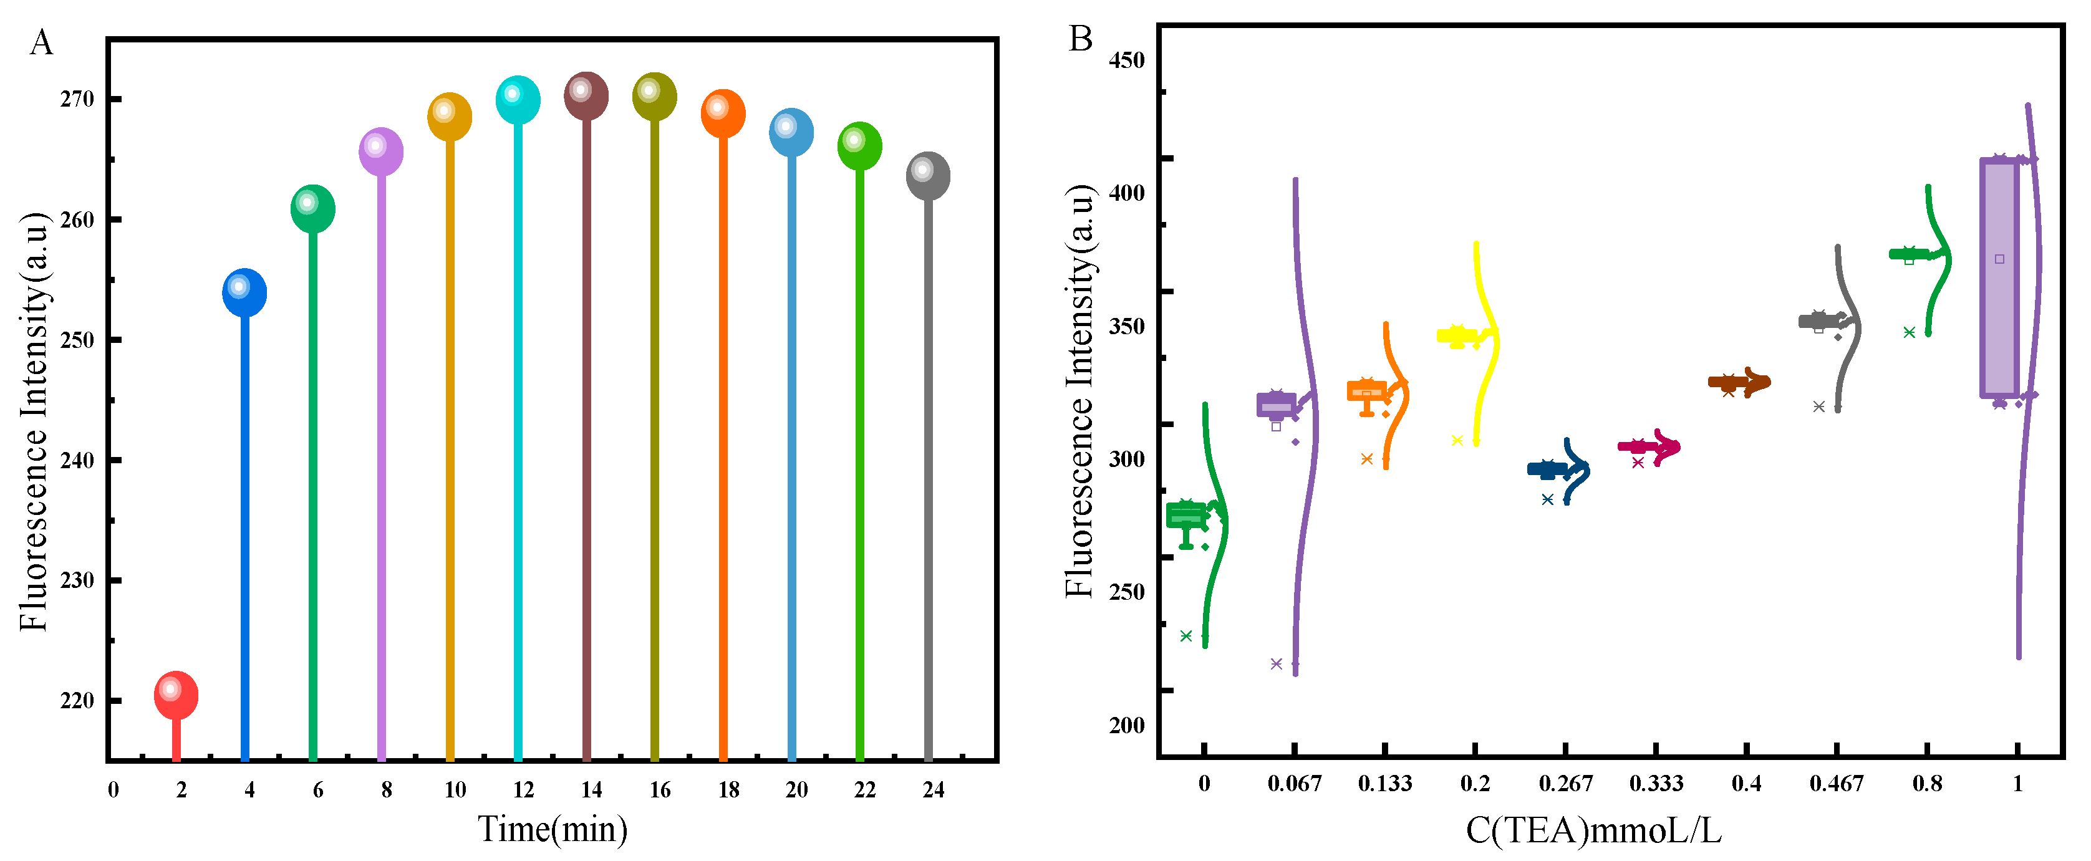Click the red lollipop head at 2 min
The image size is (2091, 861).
tap(176, 695)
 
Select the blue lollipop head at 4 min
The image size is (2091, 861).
tap(244, 292)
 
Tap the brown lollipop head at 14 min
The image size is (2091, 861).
tap(586, 96)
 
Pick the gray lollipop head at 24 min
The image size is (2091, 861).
tap(928, 175)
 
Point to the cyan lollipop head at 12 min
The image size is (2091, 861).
tap(518, 100)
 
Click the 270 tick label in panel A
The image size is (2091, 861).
tap(77, 99)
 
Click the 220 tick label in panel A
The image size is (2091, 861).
tap(77, 700)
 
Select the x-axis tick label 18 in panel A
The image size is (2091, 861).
tap(728, 789)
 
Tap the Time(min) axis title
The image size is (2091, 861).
tap(553, 829)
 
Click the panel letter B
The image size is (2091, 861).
tap(1080, 39)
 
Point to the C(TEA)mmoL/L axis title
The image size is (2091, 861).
tap(1593, 830)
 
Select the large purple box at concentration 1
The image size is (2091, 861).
tap(1999, 278)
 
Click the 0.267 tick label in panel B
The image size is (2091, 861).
tap(1566, 783)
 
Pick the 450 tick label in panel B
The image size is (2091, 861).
tap(1127, 60)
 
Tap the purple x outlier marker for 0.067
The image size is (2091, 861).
tap(1276, 664)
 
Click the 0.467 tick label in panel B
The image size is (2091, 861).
tap(1836, 783)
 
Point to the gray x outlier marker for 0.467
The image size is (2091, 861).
tap(1819, 406)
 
